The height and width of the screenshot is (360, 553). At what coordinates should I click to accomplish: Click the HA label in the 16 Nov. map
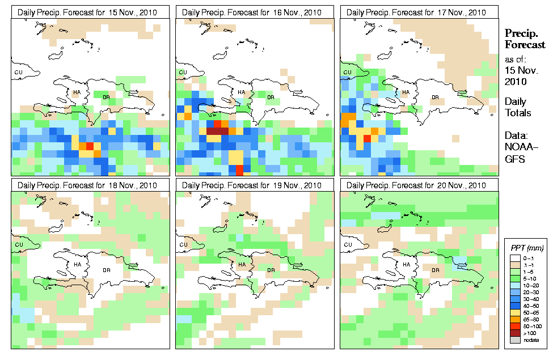(241, 92)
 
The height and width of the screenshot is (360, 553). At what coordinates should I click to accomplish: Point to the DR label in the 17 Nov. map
(436, 97)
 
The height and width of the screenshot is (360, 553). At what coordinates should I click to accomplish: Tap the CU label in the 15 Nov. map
(18, 72)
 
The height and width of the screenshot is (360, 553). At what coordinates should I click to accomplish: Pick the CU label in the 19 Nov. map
(182, 245)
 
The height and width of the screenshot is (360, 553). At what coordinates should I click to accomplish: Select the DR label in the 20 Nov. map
(436, 270)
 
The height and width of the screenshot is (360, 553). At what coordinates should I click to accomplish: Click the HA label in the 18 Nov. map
(77, 265)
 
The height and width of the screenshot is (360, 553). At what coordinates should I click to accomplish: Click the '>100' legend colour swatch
(515, 333)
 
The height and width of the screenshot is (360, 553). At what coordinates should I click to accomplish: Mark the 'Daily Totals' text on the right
(518, 107)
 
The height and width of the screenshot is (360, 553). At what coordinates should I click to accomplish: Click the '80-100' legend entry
(530, 327)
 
